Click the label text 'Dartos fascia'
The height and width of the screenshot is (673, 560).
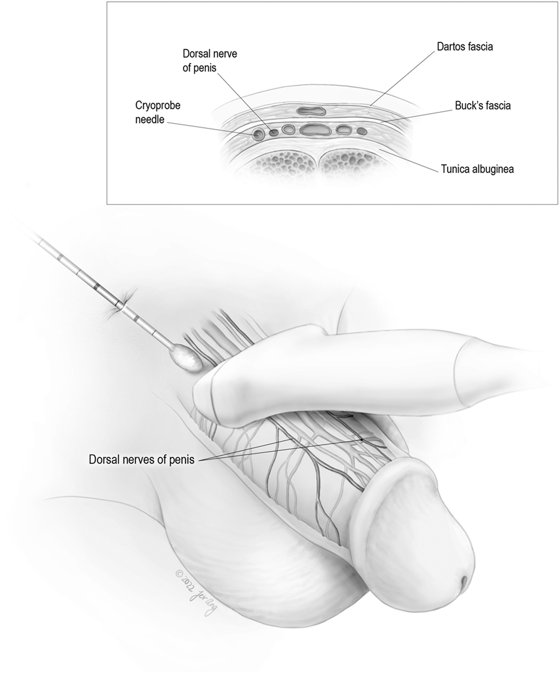tap(464, 47)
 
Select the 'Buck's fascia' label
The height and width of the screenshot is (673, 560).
tap(483, 106)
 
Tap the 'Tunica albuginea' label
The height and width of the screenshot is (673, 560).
tap(477, 169)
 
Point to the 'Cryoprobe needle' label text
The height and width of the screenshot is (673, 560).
tap(158, 113)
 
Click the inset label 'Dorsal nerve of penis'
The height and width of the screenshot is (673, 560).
tap(210, 61)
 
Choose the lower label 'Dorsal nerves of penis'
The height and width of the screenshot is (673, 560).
tap(142, 459)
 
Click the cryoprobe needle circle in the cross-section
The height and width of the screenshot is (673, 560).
tap(258, 134)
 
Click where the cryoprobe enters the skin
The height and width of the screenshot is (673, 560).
tap(119, 305)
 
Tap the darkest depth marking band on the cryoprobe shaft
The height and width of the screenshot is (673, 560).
tap(97, 287)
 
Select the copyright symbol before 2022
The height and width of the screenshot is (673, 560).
tap(180, 574)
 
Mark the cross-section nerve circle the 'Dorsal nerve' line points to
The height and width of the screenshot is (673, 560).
tap(274, 133)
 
